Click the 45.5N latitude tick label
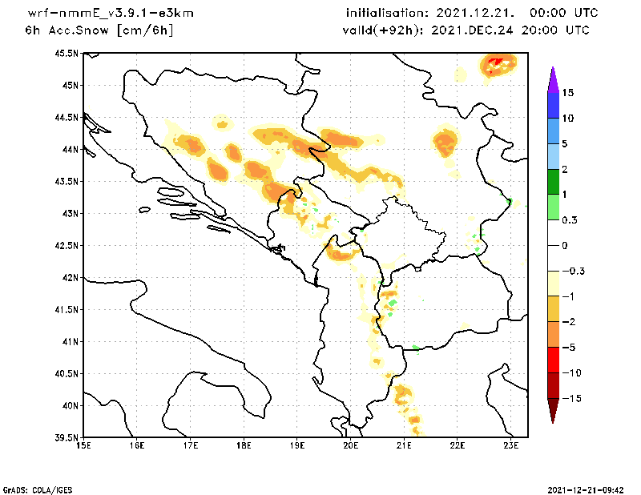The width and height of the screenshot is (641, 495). pos(68,53)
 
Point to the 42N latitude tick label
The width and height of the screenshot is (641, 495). pos(71,277)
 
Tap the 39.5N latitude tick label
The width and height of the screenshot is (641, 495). pos(68,437)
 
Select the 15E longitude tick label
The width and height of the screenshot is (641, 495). pos(83,447)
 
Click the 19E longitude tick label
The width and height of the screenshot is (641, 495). pos(297,447)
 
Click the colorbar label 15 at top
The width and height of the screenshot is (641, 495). pos(567,92)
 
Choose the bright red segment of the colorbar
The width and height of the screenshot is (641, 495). pos(552,360)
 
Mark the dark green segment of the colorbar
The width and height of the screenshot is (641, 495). pos(552,182)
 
